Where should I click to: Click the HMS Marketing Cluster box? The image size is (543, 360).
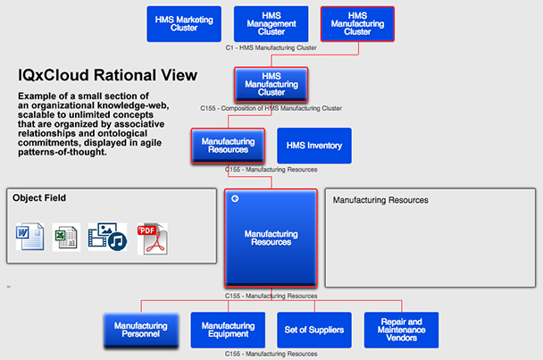click(x=184, y=24)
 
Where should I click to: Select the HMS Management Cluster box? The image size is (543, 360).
click(x=271, y=24)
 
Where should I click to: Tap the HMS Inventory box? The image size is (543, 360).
click(x=314, y=146)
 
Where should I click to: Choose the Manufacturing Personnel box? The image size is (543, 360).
click(x=141, y=330)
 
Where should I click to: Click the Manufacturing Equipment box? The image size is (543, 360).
click(x=228, y=330)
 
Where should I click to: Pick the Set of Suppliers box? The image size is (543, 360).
click(x=314, y=330)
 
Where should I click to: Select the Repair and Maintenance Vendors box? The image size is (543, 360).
click(x=401, y=330)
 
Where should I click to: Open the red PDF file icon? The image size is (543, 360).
click(x=152, y=238)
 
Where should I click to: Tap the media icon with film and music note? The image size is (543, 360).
click(x=106, y=237)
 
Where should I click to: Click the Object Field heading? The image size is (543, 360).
click(x=39, y=198)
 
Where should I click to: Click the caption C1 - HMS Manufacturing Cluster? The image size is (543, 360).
click(x=271, y=47)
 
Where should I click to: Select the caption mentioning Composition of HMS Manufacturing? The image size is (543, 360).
click(x=271, y=108)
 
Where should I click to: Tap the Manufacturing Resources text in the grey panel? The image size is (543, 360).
click(x=380, y=200)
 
